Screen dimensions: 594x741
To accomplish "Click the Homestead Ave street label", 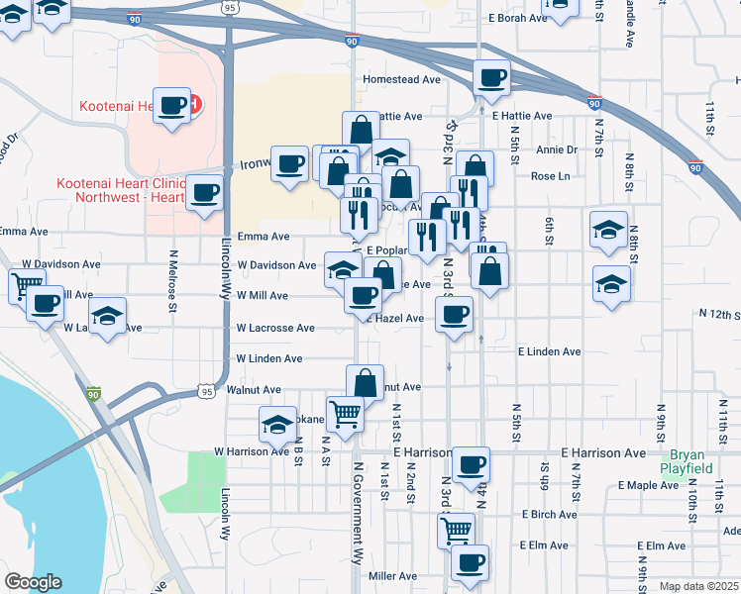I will click(401, 79).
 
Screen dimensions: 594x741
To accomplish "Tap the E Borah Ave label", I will click(517, 18).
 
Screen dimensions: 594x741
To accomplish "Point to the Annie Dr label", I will click(556, 149).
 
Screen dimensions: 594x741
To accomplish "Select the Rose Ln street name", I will click(550, 176).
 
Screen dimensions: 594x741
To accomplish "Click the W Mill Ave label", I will click(262, 296).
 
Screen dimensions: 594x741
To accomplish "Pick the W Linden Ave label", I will click(268, 358).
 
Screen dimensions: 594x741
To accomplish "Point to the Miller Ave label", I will click(392, 576).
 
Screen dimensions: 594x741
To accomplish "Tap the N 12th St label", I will click(718, 314).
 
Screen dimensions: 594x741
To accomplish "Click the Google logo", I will click(33, 582).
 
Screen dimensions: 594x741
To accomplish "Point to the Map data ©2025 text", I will click(698, 586).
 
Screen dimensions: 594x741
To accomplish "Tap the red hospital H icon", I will click(195, 103).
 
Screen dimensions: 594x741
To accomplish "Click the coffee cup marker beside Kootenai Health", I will click(172, 104).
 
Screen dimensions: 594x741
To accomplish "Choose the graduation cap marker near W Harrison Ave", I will click(277, 423).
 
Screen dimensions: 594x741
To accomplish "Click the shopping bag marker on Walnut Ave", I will click(365, 381).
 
